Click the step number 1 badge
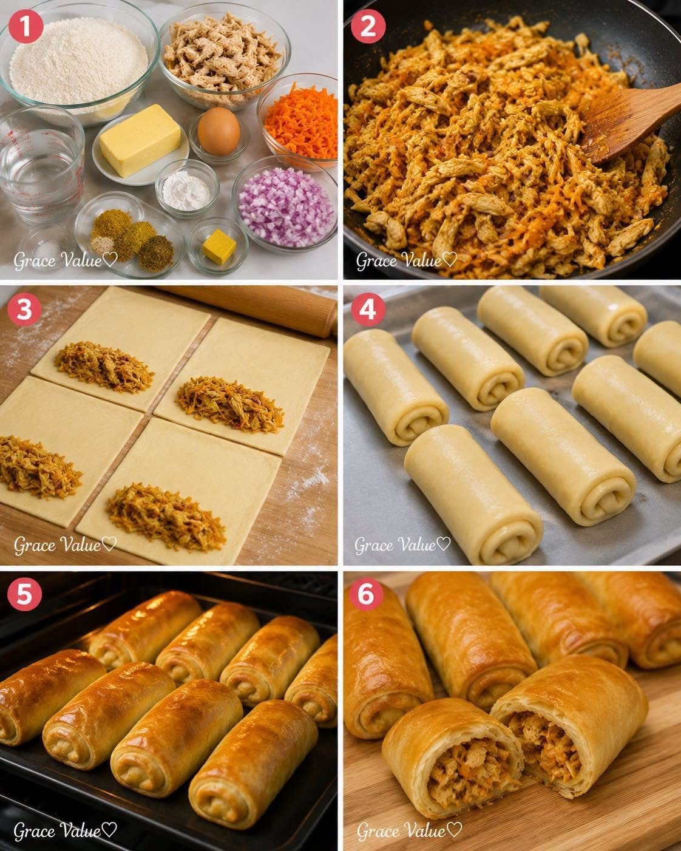coord(25,26)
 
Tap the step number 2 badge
coord(368,26)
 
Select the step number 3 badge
coord(24,309)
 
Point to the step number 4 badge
coord(368,309)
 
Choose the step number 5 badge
coord(24,594)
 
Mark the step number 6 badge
coord(366,594)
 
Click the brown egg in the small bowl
coord(219,131)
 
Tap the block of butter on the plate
coord(140,140)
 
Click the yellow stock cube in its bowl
coord(219,247)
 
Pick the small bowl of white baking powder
coord(187,189)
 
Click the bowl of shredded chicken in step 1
coord(224,55)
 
